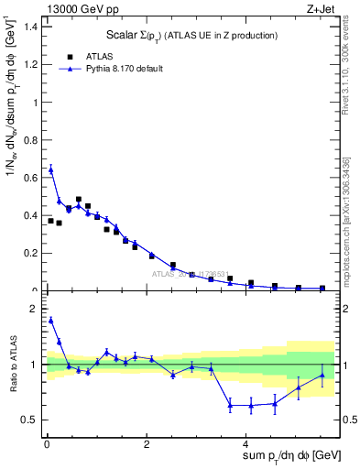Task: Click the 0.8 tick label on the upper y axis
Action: [29, 140]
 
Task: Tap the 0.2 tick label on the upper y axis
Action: [29, 254]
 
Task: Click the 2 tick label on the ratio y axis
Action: [32, 309]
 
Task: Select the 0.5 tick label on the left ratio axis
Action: [29, 420]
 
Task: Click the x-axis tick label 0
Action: [46, 443]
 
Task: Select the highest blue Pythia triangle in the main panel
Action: [51, 169]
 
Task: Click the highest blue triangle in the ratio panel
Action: [51, 320]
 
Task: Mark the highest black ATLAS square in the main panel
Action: [79, 199]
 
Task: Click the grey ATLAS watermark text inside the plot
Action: [191, 274]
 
